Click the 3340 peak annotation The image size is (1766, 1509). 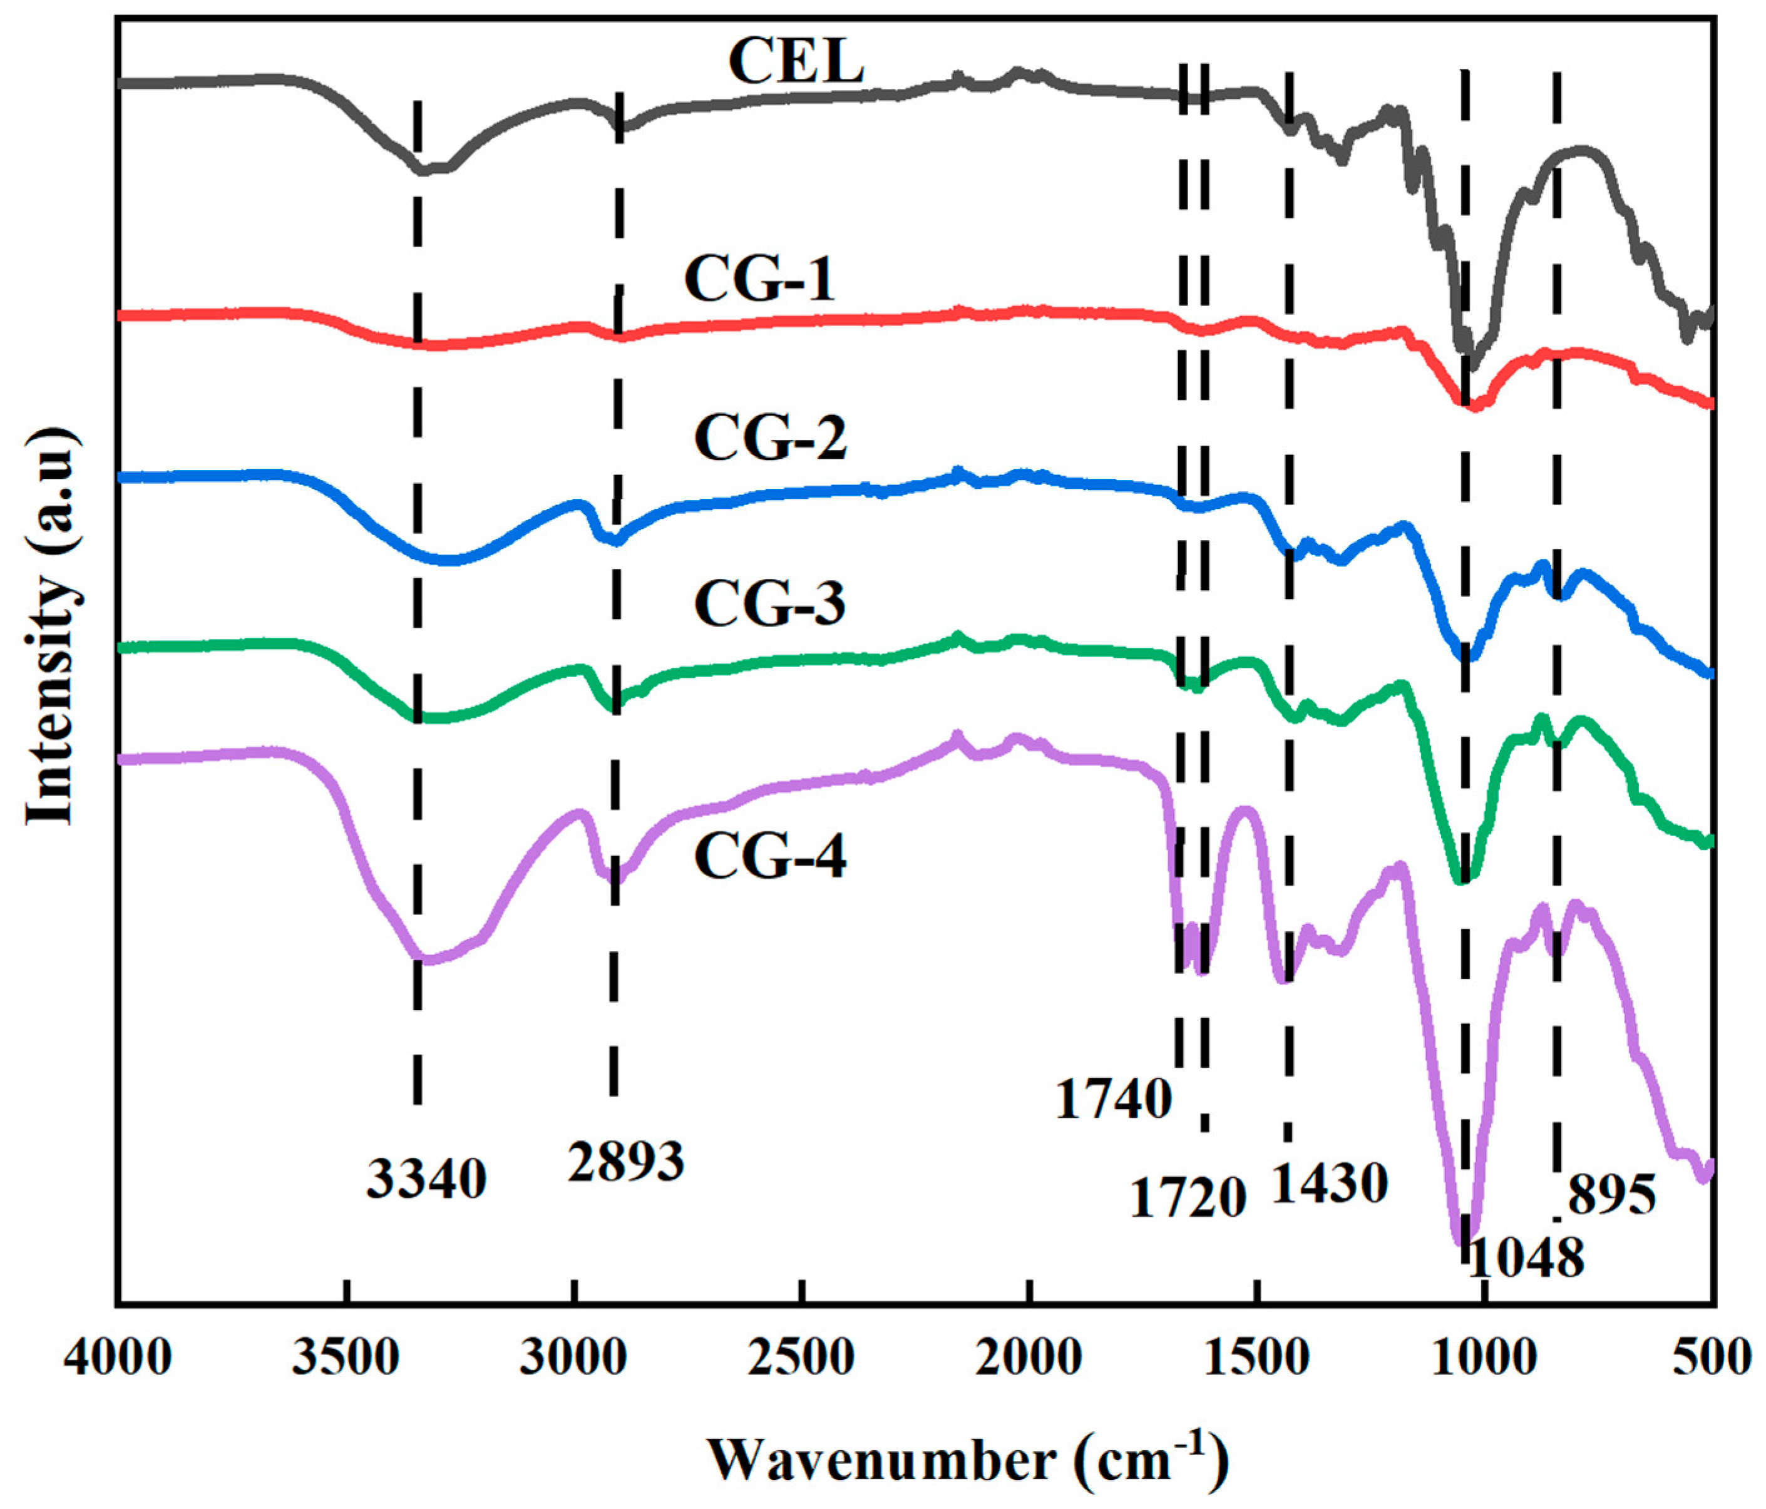[426, 1180]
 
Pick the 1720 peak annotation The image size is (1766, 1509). [1188, 1198]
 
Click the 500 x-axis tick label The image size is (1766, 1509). [1717, 1356]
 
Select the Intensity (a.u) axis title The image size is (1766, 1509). [51, 627]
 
